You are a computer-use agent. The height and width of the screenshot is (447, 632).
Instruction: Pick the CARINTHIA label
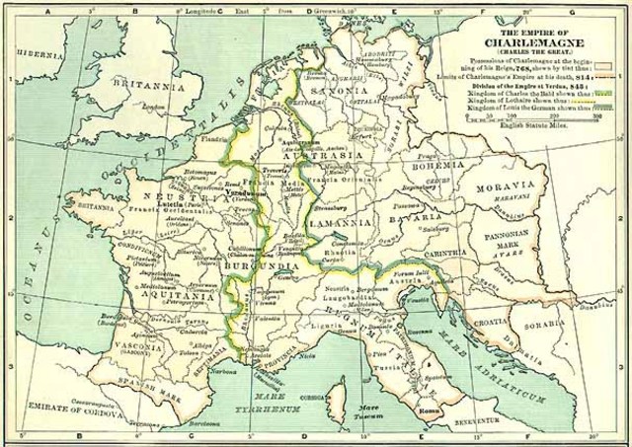click(434, 253)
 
